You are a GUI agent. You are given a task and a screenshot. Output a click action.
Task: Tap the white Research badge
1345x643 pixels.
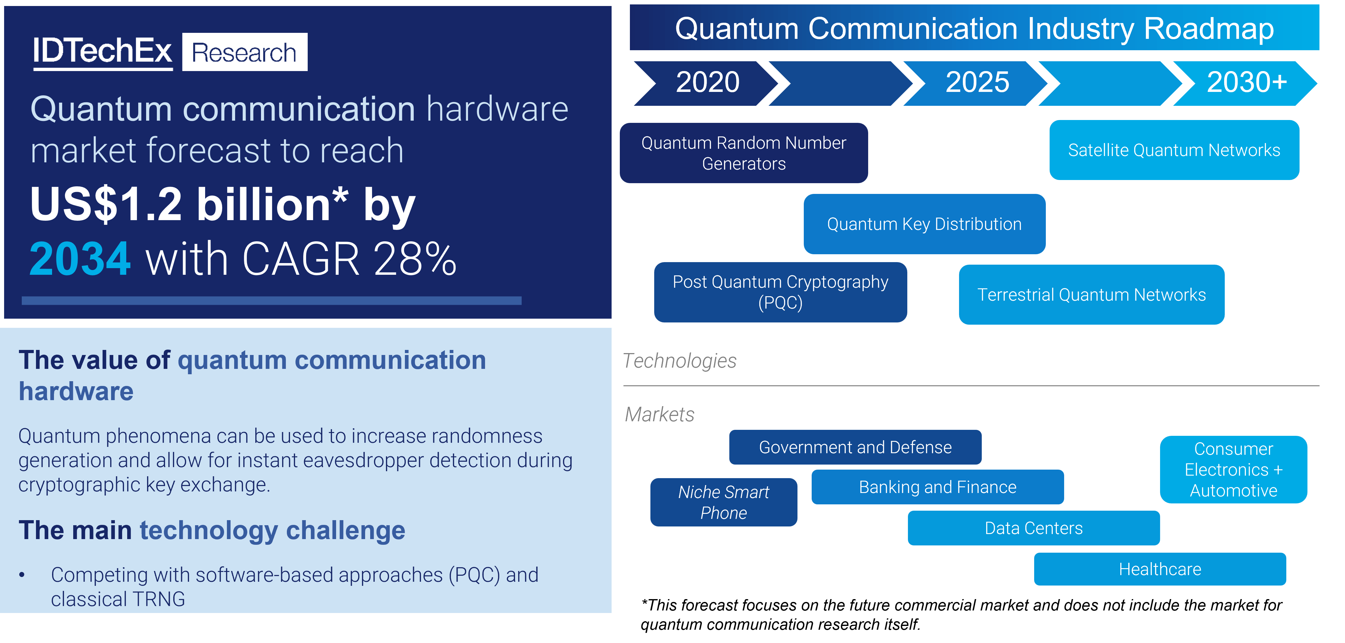(x=244, y=52)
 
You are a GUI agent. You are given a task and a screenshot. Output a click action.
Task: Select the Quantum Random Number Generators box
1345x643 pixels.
(x=744, y=153)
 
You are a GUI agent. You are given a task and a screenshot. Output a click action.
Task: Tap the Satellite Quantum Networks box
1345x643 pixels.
(x=1174, y=150)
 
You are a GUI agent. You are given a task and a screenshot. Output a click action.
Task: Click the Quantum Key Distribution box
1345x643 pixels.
(x=924, y=224)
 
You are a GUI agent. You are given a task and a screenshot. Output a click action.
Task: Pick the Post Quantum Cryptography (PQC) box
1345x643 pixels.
(x=780, y=292)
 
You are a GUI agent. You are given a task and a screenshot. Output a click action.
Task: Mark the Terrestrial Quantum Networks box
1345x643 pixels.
(x=1091, y=295)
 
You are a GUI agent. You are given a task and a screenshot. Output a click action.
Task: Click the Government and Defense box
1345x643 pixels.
(x=855, y=447)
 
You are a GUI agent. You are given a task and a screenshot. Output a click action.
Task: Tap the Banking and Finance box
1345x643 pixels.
(x=937, y=487)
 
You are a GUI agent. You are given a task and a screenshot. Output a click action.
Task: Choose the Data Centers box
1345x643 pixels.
(x=1033, y=528)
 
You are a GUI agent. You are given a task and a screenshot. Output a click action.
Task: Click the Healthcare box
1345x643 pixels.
(x=1160, y=569)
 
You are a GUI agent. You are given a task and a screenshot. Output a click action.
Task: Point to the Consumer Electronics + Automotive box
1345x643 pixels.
(x=1233, y=470)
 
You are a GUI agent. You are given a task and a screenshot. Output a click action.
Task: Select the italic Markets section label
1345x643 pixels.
(x=660, y=415)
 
